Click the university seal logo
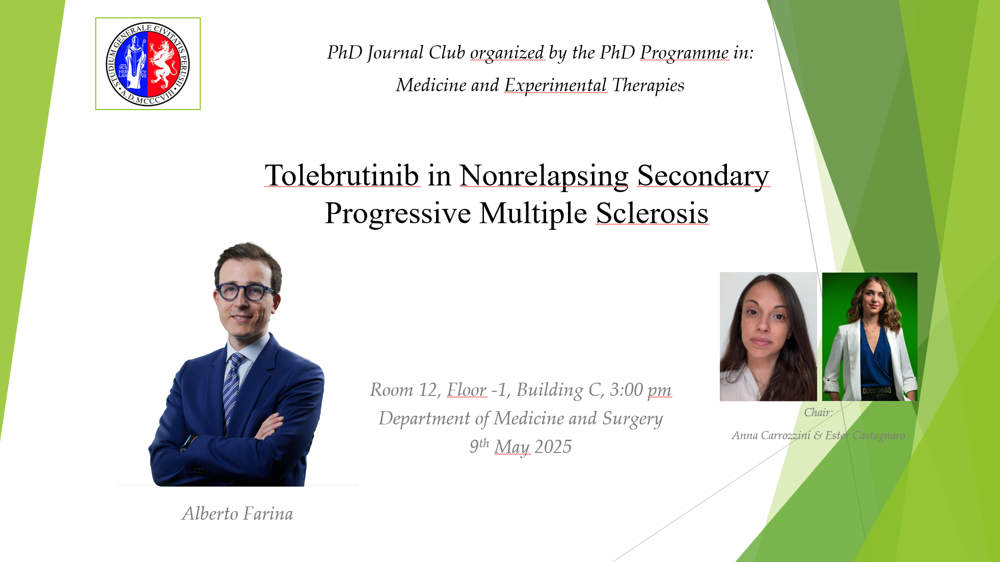[148, 64]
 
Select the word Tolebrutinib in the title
[342, 175]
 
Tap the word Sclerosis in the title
[652, 212]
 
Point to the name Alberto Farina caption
[237, 514]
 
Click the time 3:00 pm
[640, 390]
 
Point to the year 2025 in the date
[553, 447]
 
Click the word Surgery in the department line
[632, 419]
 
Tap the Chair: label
[818, 412]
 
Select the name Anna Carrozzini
[771, 435]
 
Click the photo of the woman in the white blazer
[870, 337]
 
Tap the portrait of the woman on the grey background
[768, 337]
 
